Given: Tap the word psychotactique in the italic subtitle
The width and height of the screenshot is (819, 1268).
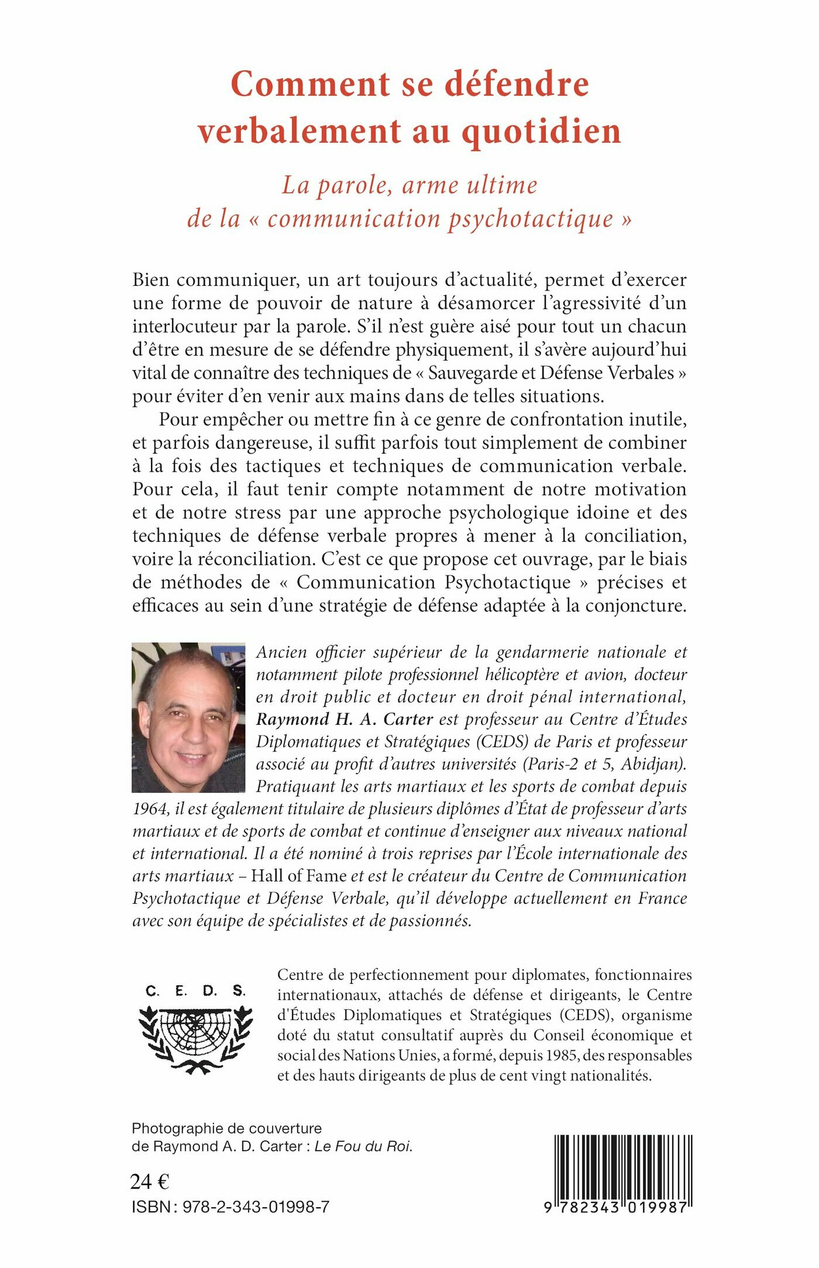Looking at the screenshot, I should [531, 219].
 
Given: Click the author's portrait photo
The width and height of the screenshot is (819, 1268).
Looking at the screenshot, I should [188, 717].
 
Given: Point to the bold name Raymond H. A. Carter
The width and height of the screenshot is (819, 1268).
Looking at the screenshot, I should [345, 719].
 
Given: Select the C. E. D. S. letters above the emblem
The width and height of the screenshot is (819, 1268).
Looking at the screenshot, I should [195, 991].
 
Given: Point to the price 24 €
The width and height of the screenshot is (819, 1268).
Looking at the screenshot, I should [150, 1181].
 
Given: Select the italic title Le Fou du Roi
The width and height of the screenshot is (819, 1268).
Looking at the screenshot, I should [363, 1146].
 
